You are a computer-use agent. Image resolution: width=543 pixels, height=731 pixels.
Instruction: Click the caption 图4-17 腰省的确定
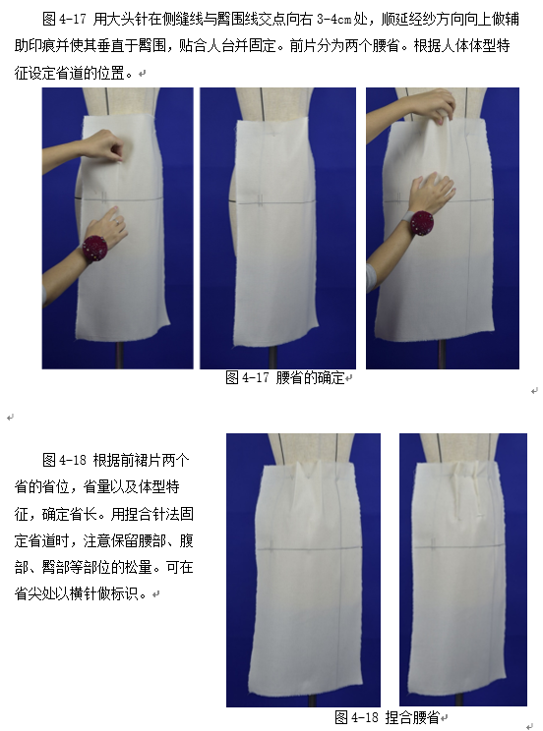[x=285, y=377]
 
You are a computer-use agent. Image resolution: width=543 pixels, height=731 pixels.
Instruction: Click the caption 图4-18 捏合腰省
[x=387, y=717]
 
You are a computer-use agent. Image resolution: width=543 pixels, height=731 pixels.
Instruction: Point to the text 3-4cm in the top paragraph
[x=333, y=19]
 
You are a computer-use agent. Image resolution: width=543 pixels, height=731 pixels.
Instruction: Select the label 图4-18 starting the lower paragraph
[x=64, y=460]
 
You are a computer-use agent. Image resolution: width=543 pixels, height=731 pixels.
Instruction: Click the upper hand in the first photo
[x=101, y=146]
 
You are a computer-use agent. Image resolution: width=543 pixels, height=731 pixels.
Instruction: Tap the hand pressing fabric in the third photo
[x=432, y=193]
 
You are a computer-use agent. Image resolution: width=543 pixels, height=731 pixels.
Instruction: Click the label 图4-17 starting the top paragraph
[x=64, y=19]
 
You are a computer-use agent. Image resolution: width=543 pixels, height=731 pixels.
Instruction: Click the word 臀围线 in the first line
[x=238, y=19]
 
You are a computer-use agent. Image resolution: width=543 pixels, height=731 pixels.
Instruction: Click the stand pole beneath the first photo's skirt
[x=120, y=354]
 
